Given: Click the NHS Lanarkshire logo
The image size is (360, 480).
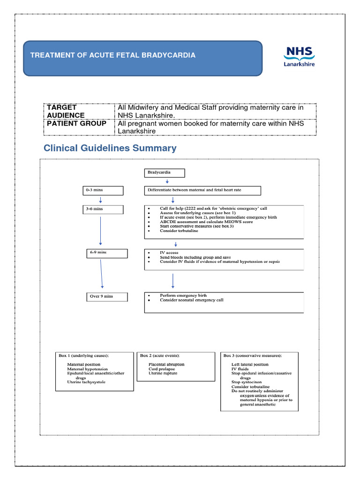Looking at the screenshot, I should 299,56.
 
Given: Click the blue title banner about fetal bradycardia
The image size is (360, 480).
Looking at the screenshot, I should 142,58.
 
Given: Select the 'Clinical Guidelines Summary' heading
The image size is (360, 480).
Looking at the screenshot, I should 110,148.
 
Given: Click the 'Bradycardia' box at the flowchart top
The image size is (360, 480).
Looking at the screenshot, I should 164,173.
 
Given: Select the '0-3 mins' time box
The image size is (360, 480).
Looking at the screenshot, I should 102,190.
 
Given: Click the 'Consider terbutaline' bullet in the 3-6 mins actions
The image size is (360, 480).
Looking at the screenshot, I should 176,231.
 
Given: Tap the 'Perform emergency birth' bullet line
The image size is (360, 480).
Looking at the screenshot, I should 183,296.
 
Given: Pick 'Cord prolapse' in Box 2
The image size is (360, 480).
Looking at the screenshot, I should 161,369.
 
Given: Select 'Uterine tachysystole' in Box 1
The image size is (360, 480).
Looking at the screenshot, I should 86,382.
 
